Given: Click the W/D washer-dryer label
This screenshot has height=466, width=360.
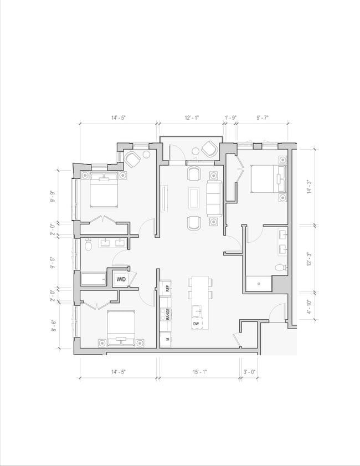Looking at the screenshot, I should pos(121,279).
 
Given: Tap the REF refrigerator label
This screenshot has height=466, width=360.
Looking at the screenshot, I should pos(167,288).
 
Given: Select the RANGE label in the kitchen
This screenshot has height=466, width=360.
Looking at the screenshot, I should pos(167,315).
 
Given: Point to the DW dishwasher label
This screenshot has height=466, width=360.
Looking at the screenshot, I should pos(196,324).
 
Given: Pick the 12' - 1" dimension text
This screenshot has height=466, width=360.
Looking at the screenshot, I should pos(192,117).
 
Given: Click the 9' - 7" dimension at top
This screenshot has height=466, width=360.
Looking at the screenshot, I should pos(263,117).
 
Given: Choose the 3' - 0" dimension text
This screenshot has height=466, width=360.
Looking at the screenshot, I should pos(249,372).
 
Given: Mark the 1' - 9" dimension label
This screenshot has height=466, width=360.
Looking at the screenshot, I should pos(231,117).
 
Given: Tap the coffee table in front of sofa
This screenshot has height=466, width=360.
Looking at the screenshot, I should pos(194,197).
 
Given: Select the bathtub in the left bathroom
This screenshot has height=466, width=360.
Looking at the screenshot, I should pos(95,278).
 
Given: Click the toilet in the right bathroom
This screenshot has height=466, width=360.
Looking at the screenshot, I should pos(281,268).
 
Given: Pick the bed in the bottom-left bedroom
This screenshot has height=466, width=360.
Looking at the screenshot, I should pos(121,327).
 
